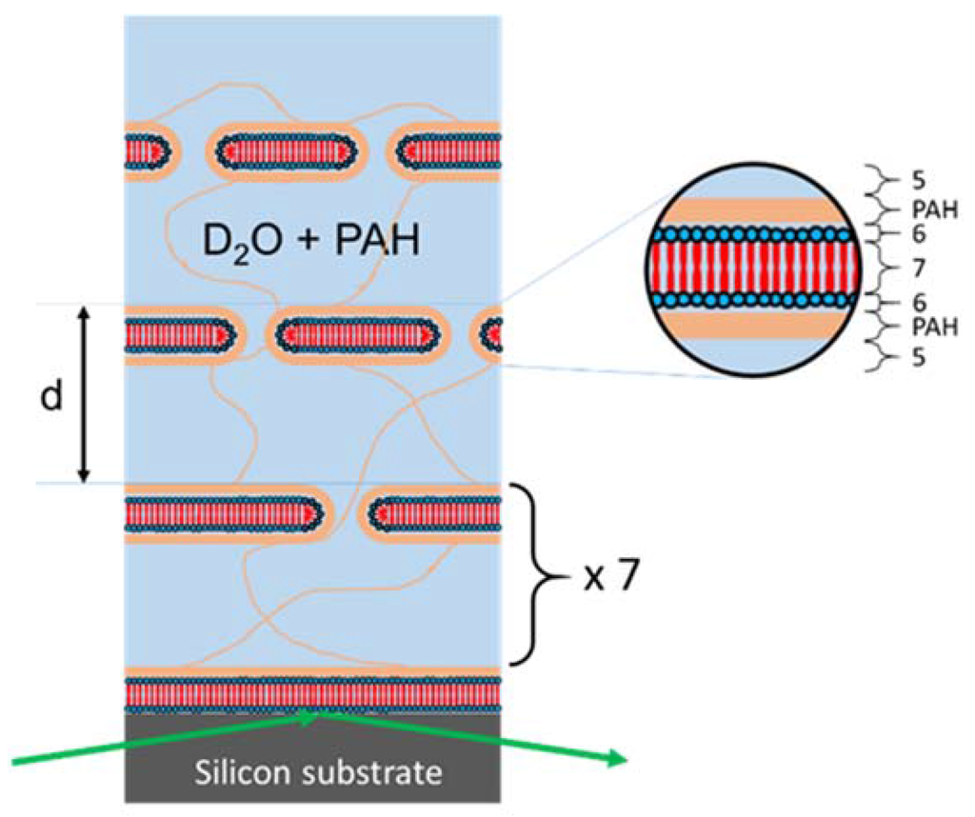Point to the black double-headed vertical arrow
tap(84, 394)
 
